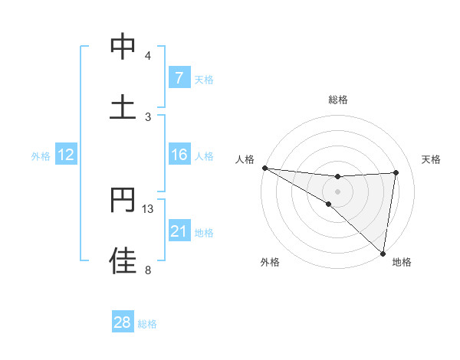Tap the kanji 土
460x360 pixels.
pyautogui.click(x=123, y=106)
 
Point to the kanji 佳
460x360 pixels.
pyautogui.click(x=123, y=260)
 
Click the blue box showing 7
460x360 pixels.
pyautogui.click(x=179, y=77)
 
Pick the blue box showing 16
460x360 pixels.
pyautogui.click(x=179, y=155)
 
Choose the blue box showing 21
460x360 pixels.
pyautogui.click(x=179, y=231)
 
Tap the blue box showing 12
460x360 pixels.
pyautogui.click(x=66, y=155)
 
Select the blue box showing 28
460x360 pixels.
pyautogui.click(x=123, y=322)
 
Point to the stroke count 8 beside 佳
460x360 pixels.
pyautogui.click(x=147, y=270)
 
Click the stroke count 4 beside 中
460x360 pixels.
pyautogui.click(x=147, y=55)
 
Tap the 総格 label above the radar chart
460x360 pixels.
pyautogui.click(x=338, y=100)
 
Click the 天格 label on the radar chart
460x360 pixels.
pyautogui.click(x=432, y=159)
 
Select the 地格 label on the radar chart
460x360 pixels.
pyautogui.click(x=402, y=262)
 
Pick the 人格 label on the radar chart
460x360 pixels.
pyautogui.click(x=245, y=159)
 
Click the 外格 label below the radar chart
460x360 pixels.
pyautogui.click(x=270, y=262)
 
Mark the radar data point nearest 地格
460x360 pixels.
pyautogui.click(x=383, y=253)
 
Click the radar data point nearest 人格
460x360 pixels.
pyautogui.click(x=264, y=168)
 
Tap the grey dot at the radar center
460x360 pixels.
pyautogui.click(x=338, y=191)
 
